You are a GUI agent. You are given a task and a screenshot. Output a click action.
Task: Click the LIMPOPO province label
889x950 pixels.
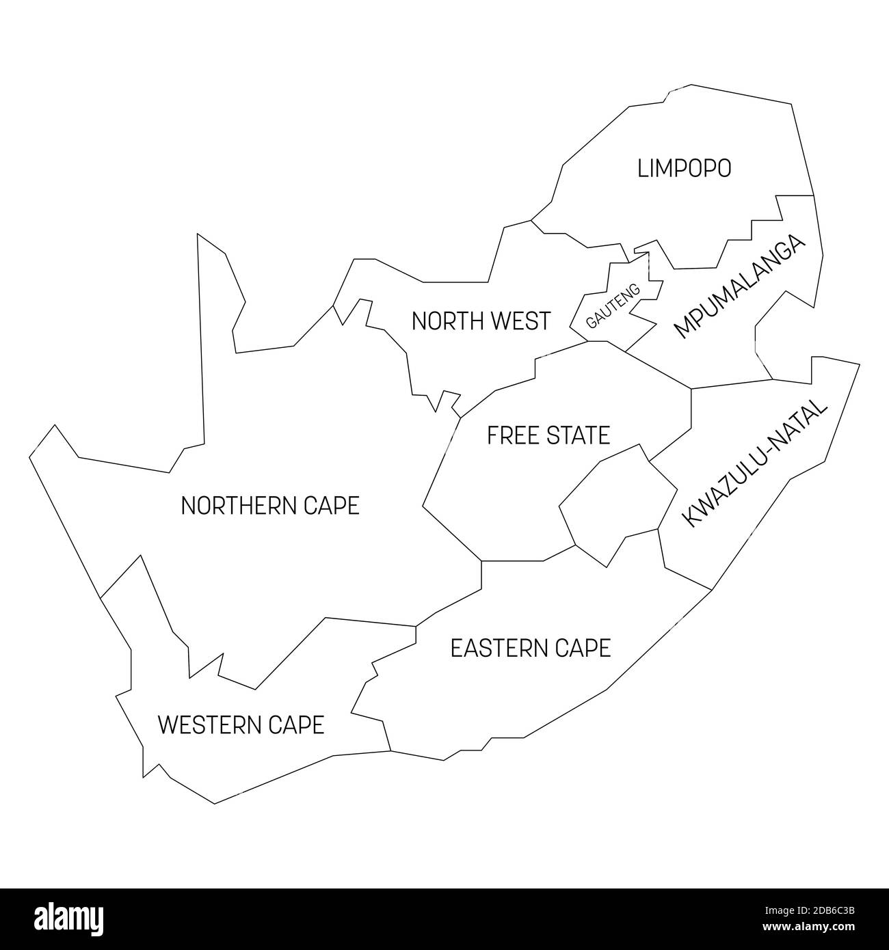point(684,168)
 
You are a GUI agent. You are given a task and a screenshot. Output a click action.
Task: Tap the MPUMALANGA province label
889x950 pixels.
point(739,286)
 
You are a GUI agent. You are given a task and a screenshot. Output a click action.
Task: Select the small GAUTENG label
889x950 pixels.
point(613,306)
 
